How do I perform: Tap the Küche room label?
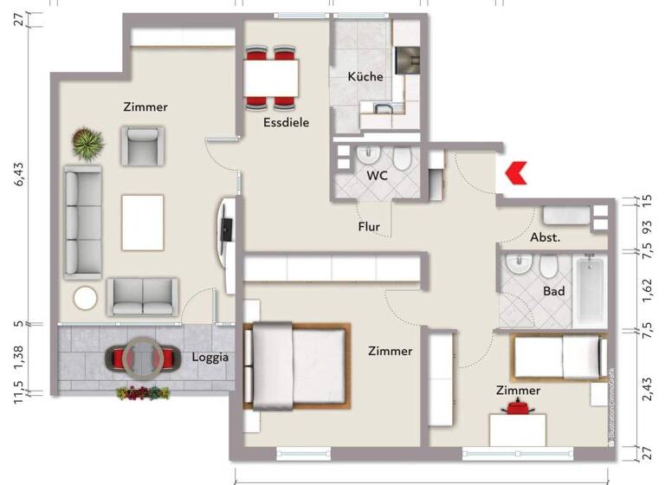pyautogui.click(x=365, y=77)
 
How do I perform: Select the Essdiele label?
pyautogui.click(x=286, y=123)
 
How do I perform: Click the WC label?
pyautogui.click(x=377, y=175)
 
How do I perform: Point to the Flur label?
pyautogui.click(x=370, y=227)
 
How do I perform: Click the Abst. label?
pyautogui.click(x=546, y=236)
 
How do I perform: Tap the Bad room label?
pyautogui.click(x=553, y=291)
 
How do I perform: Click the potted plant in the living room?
pyautogui.click(x=87, y=144)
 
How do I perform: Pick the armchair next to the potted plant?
pyautogui.click(x=142, y=145)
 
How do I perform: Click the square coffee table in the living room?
pyautogui.click(x=142, y=221)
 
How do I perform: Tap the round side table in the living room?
pyautogui.click(x=87, y=300)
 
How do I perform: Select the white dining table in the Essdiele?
pyautogui.click(x=272, y=78)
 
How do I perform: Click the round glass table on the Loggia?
pyautogui.click(x=139, y=356)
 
